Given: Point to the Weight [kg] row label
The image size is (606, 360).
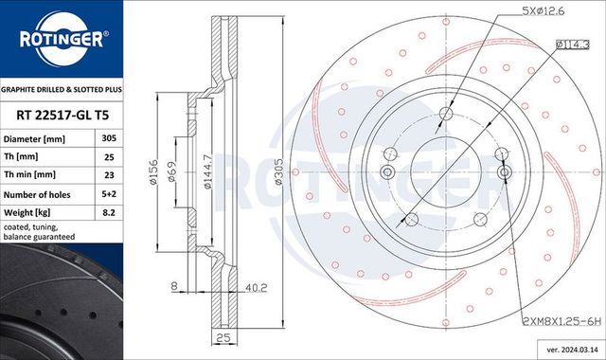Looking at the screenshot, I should (x=35, y=213).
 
